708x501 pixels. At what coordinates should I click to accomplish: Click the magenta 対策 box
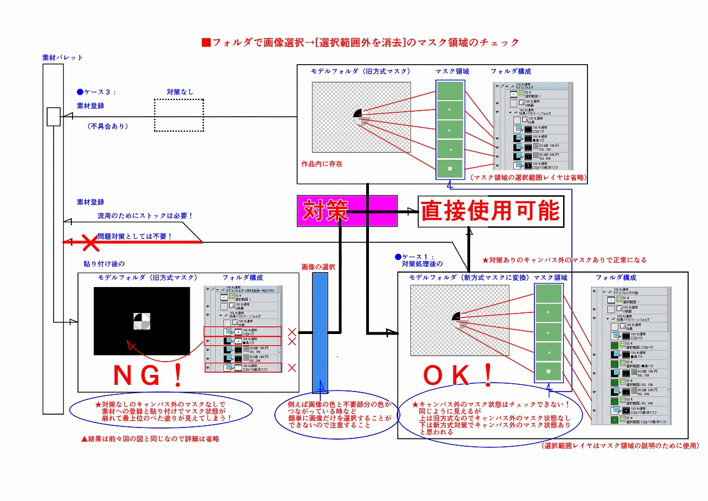(x=347, y=211)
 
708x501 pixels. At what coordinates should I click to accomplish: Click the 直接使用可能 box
(x=491, y=211)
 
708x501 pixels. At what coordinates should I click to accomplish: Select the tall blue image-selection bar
(x=320, y=333)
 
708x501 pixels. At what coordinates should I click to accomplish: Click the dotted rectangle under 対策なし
(x=179, y=115)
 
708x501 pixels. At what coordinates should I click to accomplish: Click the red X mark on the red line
(x=90, y=242)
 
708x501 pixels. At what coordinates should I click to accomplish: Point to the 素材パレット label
(x=63, y=58)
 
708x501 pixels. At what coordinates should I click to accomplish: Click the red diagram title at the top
(x=361, y=43)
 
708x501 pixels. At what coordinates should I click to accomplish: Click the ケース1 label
(x=419, y=257)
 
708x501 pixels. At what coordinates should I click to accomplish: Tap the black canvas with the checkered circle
(x=142, y=321)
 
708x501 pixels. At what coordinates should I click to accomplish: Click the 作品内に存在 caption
(x=322, y=164)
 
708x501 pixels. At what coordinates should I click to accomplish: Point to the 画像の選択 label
(x=318, y=267)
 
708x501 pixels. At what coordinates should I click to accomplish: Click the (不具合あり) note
(x=108, y=126)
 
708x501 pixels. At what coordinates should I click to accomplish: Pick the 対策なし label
(x=180, y=92)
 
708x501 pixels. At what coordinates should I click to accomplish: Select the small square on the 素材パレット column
(x=53, y=117)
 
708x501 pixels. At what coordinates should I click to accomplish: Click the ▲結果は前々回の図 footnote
(x=150, y=439)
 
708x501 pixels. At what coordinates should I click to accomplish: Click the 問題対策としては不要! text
(x=135, y=236)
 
